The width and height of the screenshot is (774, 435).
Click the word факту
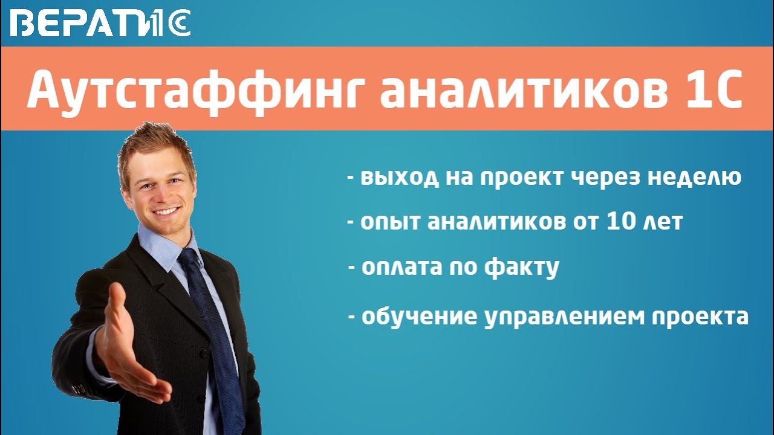(520, 267)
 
